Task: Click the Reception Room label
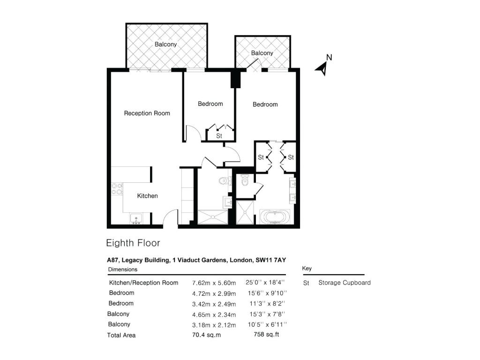pos(147,113)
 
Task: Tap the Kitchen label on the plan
pos(147,196)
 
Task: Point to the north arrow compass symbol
pos(323,65)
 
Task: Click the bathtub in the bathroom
pos(275,217)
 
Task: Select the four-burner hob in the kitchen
pos(117,188)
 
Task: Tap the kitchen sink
pos(135,219)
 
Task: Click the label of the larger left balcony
pos(165,45)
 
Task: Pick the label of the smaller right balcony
pos(262,53)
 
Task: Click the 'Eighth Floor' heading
pos(133,243)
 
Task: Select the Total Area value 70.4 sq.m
pos(206,335)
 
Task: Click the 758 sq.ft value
pos(266,334)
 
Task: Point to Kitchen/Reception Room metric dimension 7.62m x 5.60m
pos(214,283)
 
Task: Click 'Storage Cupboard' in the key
pos(345,283)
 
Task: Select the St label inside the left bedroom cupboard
pos(219,135)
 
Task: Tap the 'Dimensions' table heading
pos(123,270)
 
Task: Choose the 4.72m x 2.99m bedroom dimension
pos(214,293)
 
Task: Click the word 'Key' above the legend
pos(307,269)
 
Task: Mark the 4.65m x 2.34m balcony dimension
pos(214,315)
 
